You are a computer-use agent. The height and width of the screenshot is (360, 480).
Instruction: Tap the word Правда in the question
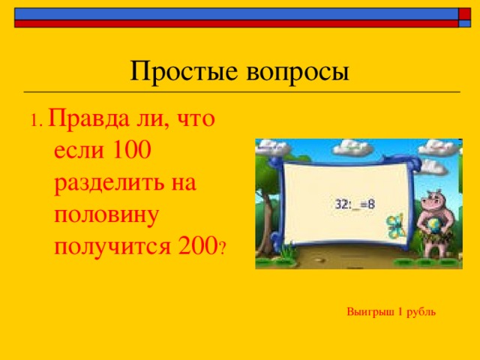[89, 120]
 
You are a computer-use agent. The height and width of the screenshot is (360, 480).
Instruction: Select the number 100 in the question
[130, 151]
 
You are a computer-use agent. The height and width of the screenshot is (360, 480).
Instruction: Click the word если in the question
[76, 151]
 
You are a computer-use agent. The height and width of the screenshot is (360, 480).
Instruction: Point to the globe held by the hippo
[434, 226]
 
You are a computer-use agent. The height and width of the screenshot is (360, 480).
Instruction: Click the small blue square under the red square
[465, 23]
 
